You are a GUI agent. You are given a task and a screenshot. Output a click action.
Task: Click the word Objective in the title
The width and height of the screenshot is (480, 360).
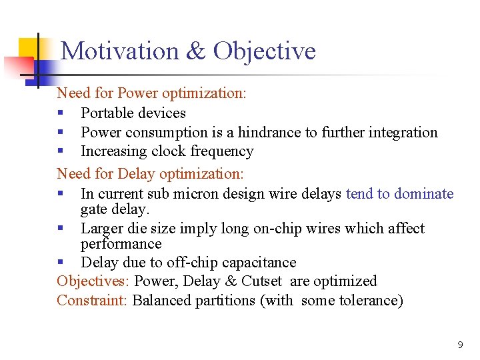point(265,51)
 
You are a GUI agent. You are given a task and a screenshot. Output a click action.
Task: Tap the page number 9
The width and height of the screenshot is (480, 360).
point(460,345)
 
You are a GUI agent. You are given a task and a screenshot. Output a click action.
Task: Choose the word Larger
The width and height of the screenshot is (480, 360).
point(102,229)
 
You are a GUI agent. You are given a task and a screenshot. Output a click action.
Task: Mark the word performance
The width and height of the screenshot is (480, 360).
point(121,245)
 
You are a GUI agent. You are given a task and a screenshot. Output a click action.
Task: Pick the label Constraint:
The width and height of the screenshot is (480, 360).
point(92,301)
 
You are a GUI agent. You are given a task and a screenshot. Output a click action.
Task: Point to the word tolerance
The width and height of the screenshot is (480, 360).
point(369,301)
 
